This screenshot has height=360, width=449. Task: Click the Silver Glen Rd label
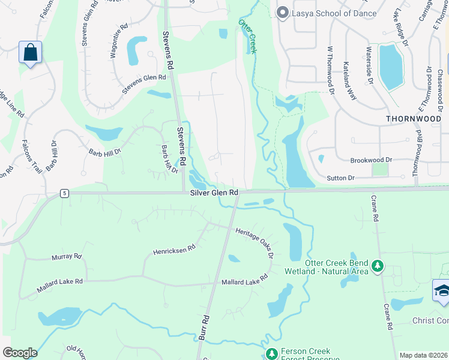click(x=214, y=193)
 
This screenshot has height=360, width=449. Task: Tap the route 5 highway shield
click(x=64, y=193)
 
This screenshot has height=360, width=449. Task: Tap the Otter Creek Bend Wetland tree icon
click(x=377, y=265)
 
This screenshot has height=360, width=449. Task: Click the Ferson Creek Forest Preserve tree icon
click(x=271, y=353)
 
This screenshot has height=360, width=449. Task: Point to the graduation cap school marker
click(x=442, y=290)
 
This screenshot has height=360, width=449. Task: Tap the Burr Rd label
click(x=204, y=328)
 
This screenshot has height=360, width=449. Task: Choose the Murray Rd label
click(x=66, y=257)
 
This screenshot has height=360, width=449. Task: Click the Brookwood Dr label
click(x=371, y=160)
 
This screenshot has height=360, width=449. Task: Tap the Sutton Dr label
click(x=341, y=178)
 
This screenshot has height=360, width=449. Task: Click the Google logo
click(x=20, y=353)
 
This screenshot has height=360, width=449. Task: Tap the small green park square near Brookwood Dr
click(x=379, y=170)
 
